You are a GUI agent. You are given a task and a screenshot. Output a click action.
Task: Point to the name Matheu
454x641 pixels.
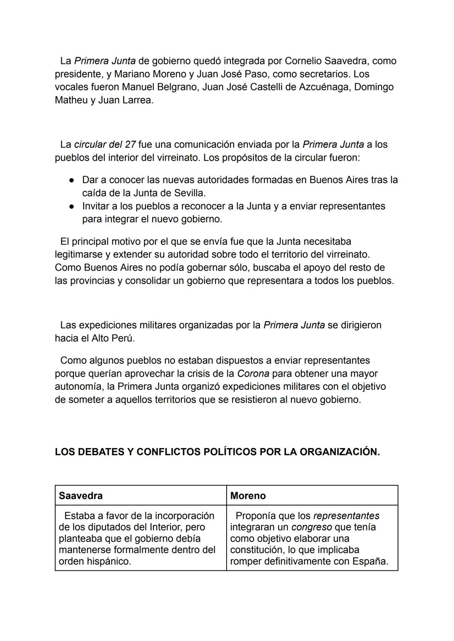pos(71,100)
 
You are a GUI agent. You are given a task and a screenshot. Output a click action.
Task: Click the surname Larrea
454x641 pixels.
pos(137,100)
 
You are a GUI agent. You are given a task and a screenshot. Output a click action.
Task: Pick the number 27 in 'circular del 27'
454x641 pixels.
pos(130,145)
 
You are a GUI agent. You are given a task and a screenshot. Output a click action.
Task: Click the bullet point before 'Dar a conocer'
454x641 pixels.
pos(72,180)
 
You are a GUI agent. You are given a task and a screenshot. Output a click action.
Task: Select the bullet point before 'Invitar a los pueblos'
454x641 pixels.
pos(72,206)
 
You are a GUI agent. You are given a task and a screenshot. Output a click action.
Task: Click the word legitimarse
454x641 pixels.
pos(79,255)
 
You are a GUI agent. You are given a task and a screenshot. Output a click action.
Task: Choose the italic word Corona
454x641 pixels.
pos(253,374)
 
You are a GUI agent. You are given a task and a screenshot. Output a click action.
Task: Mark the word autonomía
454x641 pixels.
pos(79,387)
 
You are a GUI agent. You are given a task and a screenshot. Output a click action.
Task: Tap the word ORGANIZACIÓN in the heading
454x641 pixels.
pos(340,452)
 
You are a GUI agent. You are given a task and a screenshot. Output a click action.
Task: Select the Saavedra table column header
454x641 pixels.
pos(81,496)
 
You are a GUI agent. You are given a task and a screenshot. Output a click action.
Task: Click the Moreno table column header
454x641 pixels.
pos(248,496)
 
